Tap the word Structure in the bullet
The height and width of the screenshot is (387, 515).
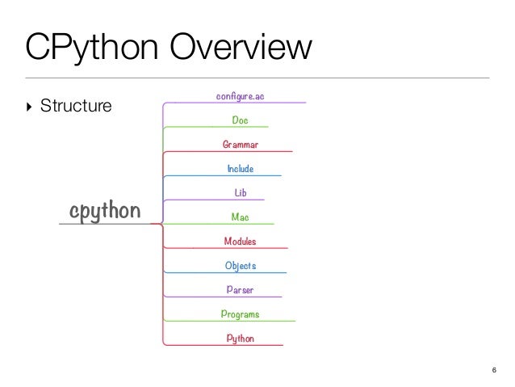pyautogui.click(x=76, y=105)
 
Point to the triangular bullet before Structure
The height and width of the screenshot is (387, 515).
pyautogui.click(x=31, y=105)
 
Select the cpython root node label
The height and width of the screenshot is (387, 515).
pyautogui.click(x=105, y=211)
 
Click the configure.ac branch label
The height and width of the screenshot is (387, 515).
pyautogui.click(x=240, y=96)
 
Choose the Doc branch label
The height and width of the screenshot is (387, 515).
pyautogui.click(x=240, y=120)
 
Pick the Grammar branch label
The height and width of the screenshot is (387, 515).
pyautogui.click(x=240, y=145)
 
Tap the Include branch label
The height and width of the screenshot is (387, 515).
pyautogui.click(x=240, y=169)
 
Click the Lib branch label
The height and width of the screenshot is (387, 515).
pyautogui.click(x=240, y=193)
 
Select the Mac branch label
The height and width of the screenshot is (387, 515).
pyautogui.click(x=240, y=217)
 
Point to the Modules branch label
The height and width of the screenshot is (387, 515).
pyautogui.click(x=240, y=242)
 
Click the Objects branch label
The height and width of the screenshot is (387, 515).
pyautogui.click(x=240, y=266)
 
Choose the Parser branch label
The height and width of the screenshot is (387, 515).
pyautogui.click(x=240, y=290)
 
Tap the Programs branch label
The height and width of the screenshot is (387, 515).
pyautogui.click(x=240, y=314)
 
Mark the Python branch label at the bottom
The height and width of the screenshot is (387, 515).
pyautogui.click(x=240, y=339)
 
